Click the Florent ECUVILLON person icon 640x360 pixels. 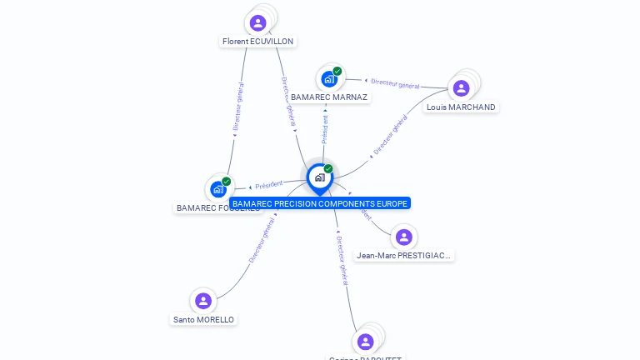coord(257,22)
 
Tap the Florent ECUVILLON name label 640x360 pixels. coord(258,41)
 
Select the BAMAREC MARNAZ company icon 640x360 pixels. coord(329,79)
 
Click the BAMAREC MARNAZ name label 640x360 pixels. coord(329,97)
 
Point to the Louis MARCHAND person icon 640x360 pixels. coord(461,88)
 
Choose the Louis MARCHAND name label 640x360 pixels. coord(461,107)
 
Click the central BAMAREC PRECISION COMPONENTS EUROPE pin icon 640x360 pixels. coord(319,177)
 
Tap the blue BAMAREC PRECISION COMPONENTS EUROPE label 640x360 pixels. coord(320,203)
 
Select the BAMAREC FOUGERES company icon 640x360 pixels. coord(218,189)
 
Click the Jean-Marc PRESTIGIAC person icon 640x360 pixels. coord(403,237)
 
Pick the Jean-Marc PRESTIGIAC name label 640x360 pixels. coord(404,256)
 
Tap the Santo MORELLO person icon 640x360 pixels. coord(203,301)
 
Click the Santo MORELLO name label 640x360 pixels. coord(203,319)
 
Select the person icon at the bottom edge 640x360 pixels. coord(365,341)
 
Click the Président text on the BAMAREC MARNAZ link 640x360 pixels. coord(325,130)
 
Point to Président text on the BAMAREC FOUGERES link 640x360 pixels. coord(268,184)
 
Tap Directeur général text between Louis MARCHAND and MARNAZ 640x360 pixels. coord(395,83)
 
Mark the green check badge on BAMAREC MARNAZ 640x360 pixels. coord(337,71)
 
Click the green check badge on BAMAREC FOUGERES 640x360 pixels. coord(227,181)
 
